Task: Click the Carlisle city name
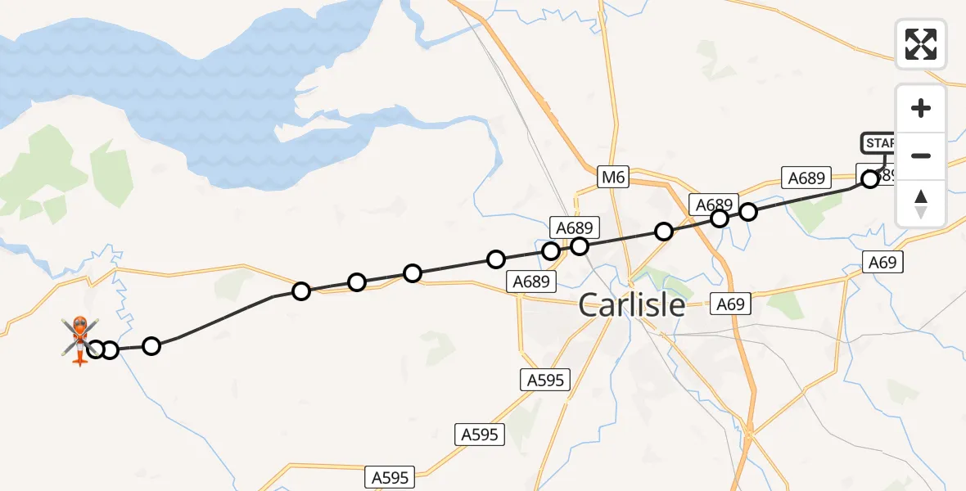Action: pos(632,304)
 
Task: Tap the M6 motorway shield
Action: pos(613,176)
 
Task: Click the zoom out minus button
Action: pos(921,155)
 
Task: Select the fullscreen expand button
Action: pos(921,43)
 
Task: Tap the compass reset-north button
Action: pos(921,203)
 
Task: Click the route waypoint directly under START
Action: pos(870,179)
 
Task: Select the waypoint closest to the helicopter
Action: pos(96,349)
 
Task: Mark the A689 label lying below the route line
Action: pos(530,282)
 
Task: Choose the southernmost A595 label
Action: pos(390,476)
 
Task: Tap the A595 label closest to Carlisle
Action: pos(545,379)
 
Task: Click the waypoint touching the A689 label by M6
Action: pos(580,245)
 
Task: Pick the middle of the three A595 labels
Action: pos(480,435)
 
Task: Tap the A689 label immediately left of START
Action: pos(806,178)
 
